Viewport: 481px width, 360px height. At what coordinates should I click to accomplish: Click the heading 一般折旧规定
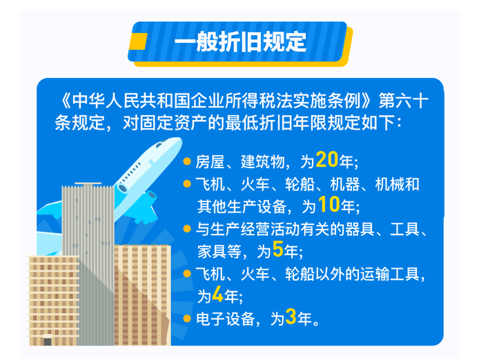tap(240, 42)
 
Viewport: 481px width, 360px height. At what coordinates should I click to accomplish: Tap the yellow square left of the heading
tap(138, 41)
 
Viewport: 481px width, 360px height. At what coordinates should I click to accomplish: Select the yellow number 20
tap(326, 160)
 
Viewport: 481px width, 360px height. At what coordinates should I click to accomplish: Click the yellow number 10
tap(328, 205)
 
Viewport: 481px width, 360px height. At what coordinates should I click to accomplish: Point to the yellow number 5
tap(277, 249)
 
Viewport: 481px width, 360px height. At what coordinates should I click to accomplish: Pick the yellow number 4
tap(217, 294)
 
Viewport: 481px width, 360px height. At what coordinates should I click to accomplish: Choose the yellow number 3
tap(291, 317)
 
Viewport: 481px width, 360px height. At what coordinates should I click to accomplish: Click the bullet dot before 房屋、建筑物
tap(187, 161)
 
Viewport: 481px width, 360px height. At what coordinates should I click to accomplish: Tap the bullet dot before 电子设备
tap(187, 319)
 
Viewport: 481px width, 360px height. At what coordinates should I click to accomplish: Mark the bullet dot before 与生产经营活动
tap(187, 229)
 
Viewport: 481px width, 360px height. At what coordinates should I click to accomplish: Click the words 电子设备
tap(226, 319)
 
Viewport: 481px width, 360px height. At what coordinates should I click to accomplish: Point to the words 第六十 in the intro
tap(404, 101)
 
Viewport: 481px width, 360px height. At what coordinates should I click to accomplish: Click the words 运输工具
tap(390, 274)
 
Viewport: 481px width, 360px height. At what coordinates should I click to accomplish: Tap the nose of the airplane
tap(178, 141)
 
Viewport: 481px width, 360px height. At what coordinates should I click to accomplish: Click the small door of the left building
tap(47, 340)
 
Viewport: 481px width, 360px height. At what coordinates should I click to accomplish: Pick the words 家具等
tap(219, 252)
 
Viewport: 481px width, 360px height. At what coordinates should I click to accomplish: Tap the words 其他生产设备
tap(242, 207)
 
